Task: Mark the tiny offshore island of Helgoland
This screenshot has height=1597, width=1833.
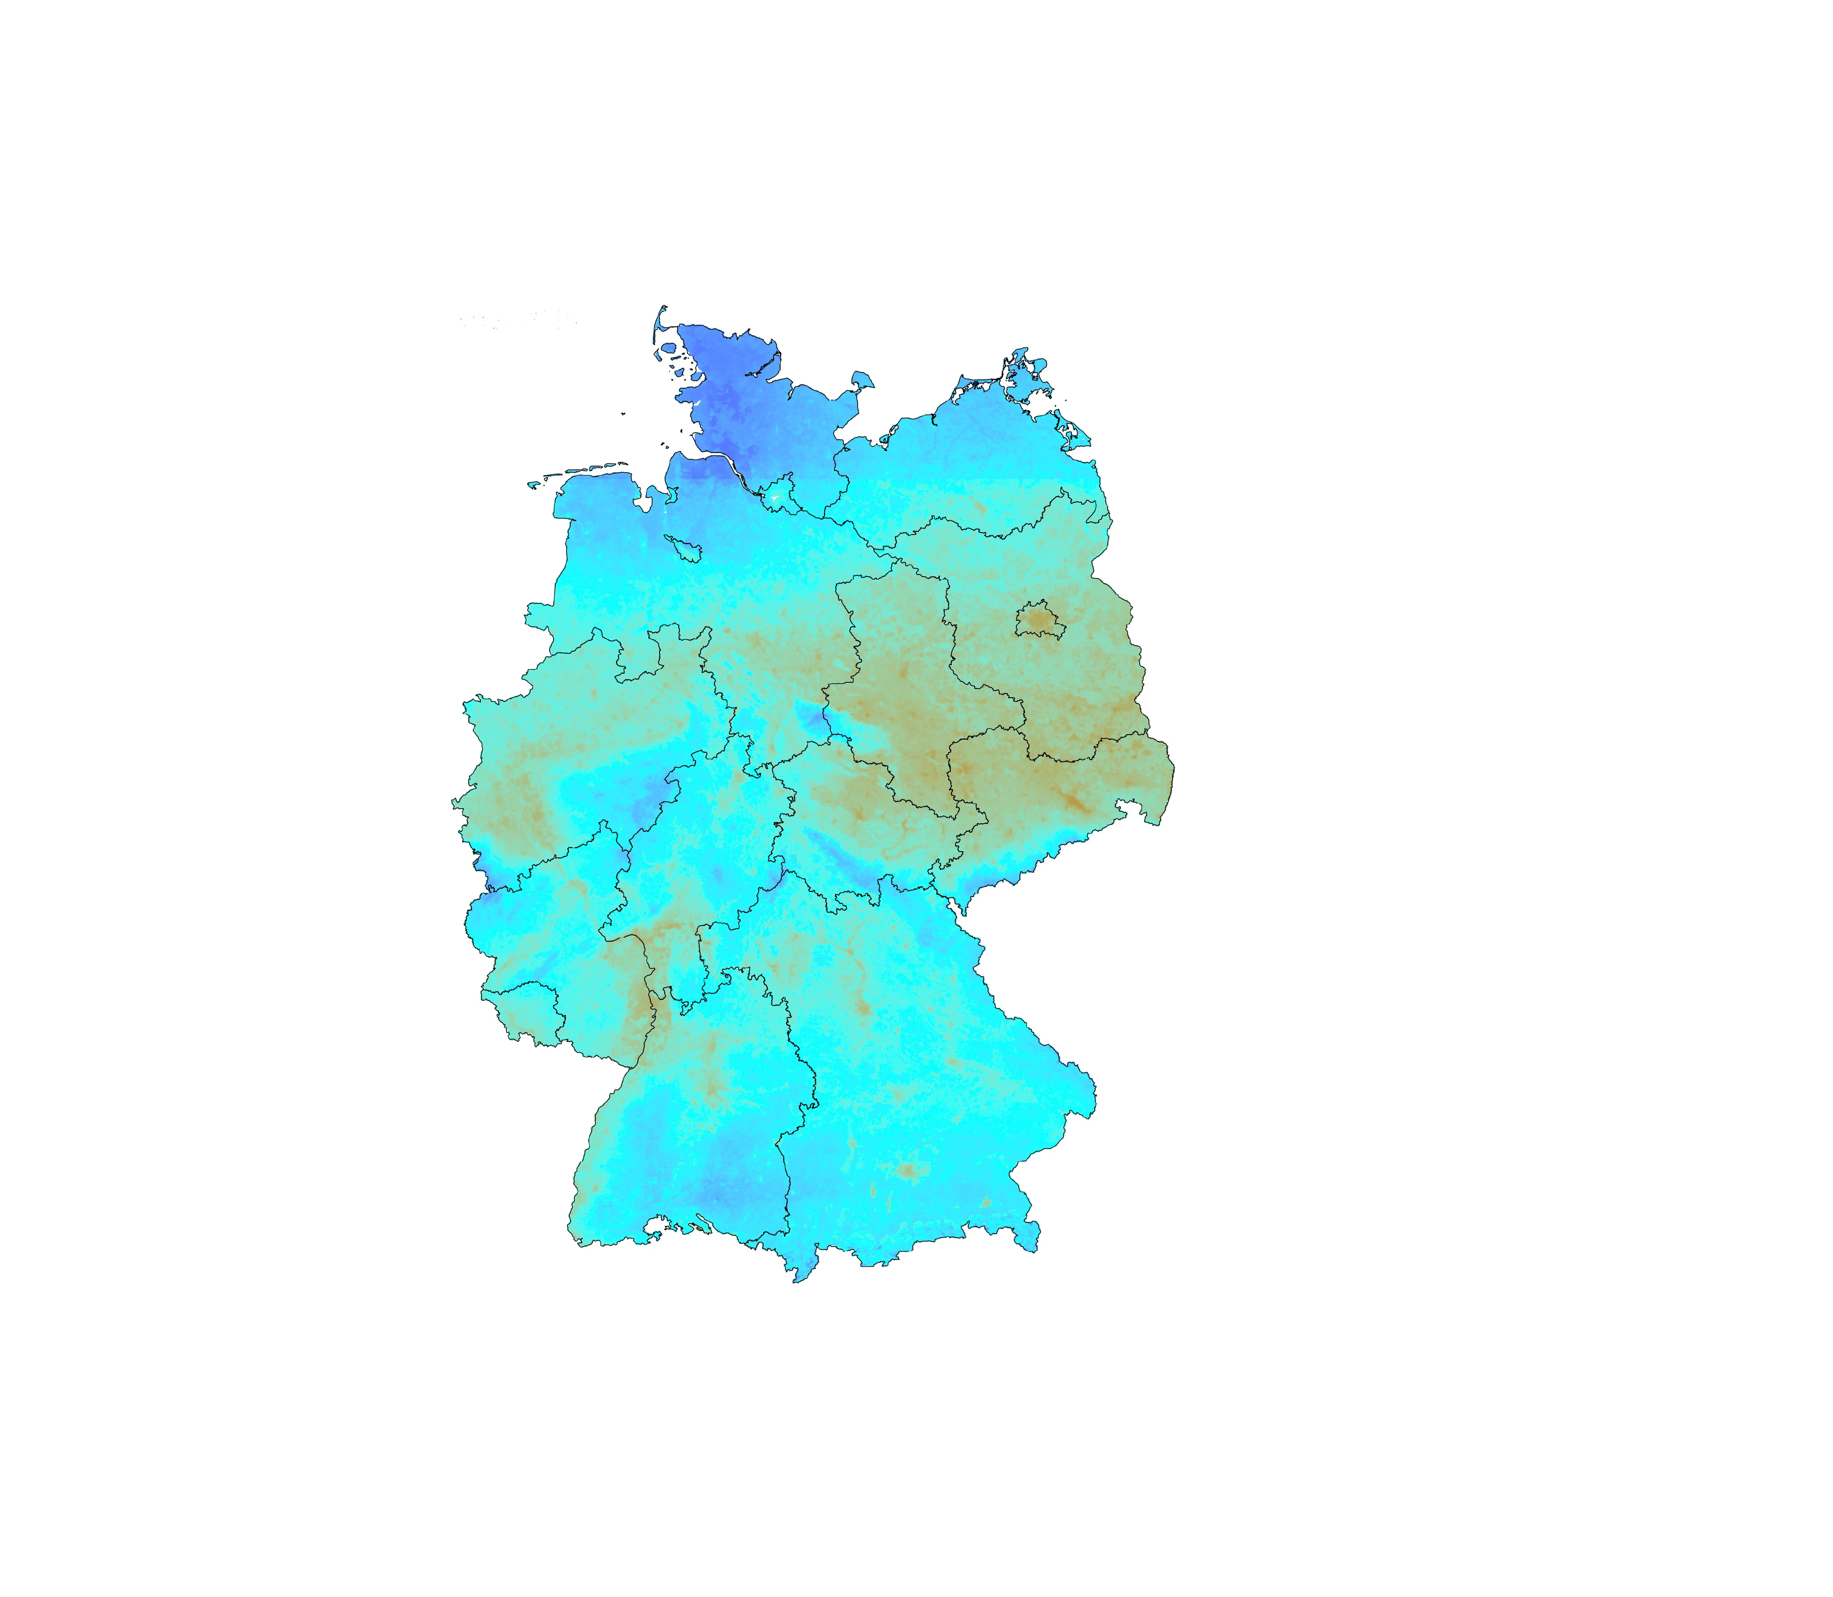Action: pos(623,413)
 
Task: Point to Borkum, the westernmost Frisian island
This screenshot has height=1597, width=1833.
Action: pos(533,485)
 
